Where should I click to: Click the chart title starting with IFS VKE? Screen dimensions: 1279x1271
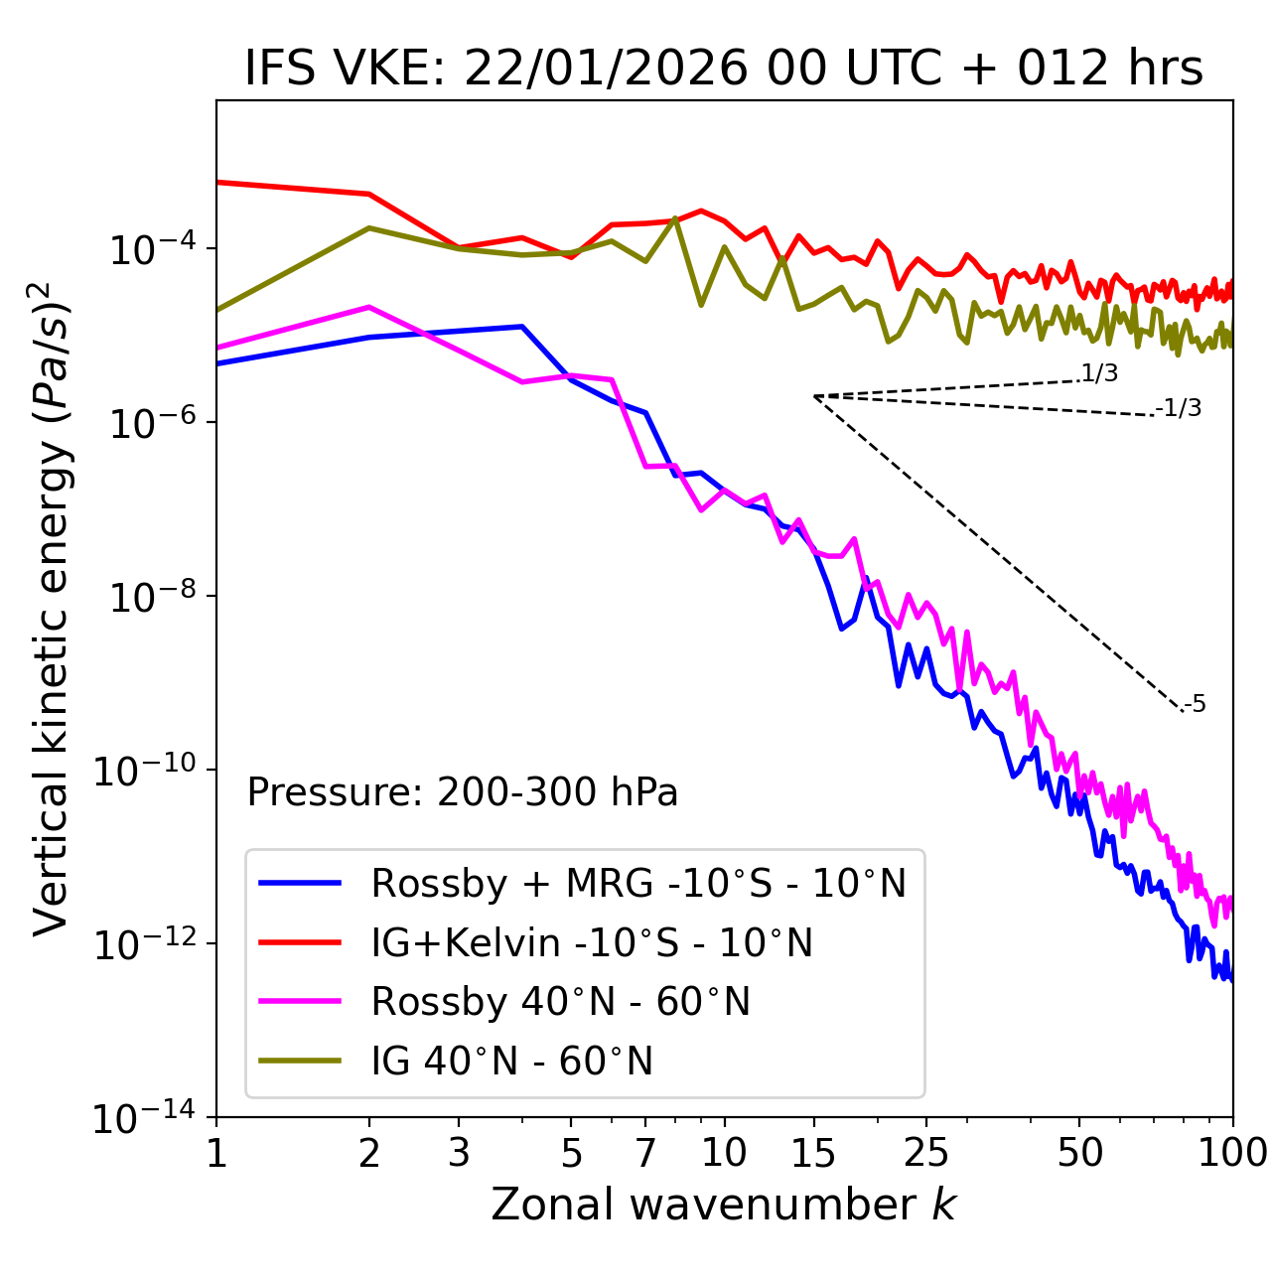(x=724, y=70)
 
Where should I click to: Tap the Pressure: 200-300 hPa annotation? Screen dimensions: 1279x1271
(x=462, y=792)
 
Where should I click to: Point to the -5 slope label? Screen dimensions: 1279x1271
(x=1195, y=705)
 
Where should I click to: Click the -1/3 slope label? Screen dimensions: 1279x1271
(x=1179, y=408)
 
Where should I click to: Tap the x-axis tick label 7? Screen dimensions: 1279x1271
(x=645, y=1153)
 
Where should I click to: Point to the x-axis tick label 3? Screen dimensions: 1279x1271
(x=459, y=1153)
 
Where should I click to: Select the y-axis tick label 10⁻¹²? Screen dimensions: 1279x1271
(x=144, y=943)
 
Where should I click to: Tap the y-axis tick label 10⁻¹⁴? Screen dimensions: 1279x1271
(x=144, y=1117)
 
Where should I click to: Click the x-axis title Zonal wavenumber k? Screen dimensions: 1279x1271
(x=724, y=1205)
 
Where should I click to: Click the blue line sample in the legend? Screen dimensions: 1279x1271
(x=300, y=883)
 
